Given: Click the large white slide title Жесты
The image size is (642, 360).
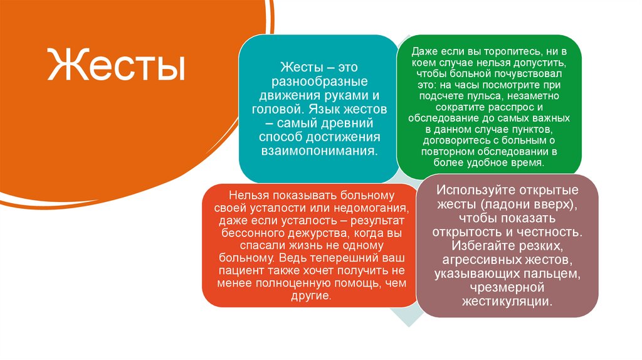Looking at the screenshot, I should point(116,67).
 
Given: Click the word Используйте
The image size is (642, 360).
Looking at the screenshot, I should point(473,191).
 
